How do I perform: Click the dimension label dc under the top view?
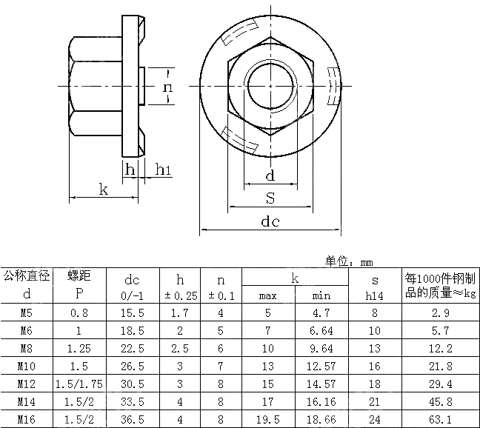[270, 221]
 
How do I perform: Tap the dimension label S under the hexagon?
[270, 198]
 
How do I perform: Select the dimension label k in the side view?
[104, 190]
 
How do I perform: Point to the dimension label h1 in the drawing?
[164, 170]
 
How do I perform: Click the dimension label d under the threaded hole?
[270, 175]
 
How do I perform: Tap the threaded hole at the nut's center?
[270, 86]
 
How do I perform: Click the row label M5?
[25, 313]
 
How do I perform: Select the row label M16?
[25, 418]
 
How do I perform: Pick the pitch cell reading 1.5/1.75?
[79, 384]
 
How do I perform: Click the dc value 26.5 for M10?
[132, 366]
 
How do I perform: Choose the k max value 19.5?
[267, 418]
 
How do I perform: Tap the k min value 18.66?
[321, 418]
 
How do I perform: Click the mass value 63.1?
[440, 418]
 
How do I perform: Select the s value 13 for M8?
[375, 349]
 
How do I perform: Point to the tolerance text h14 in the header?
[375, 295]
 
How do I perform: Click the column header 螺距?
[79, 277]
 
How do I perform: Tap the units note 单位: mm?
[348, 261]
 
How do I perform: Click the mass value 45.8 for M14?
[440, 401]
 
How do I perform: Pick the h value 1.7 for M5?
[180, 313]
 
